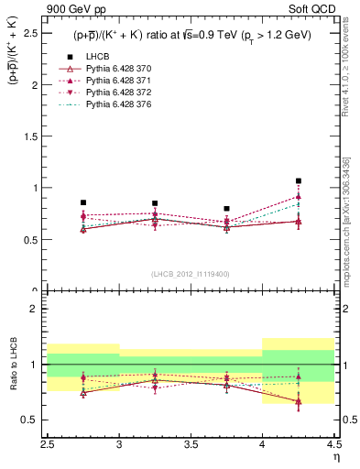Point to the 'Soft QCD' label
tap(317, 8)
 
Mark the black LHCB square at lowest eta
tap(83, 202)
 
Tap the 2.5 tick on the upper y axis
tap(36, 33)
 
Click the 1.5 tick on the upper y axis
tap(36, 136)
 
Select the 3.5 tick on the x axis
tap(191, 444)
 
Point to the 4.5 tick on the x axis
tap(333, 444)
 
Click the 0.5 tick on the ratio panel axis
tap(36, 420)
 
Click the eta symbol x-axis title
tap(335, 455)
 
